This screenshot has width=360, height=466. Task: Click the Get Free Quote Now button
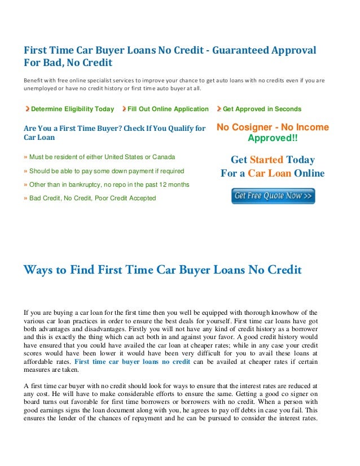click(x=273, y=196)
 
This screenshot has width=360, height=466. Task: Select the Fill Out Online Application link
click(x=168, y=109)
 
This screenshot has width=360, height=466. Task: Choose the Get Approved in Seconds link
click(x=262, y=109)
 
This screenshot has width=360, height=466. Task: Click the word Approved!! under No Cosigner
click(x=273, y=138)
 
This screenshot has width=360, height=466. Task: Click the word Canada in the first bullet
click(x=164, y=156)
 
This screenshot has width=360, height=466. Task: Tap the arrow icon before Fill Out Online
click(x=124, y=109)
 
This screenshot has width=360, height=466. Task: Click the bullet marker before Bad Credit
click(x=25, y=198)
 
